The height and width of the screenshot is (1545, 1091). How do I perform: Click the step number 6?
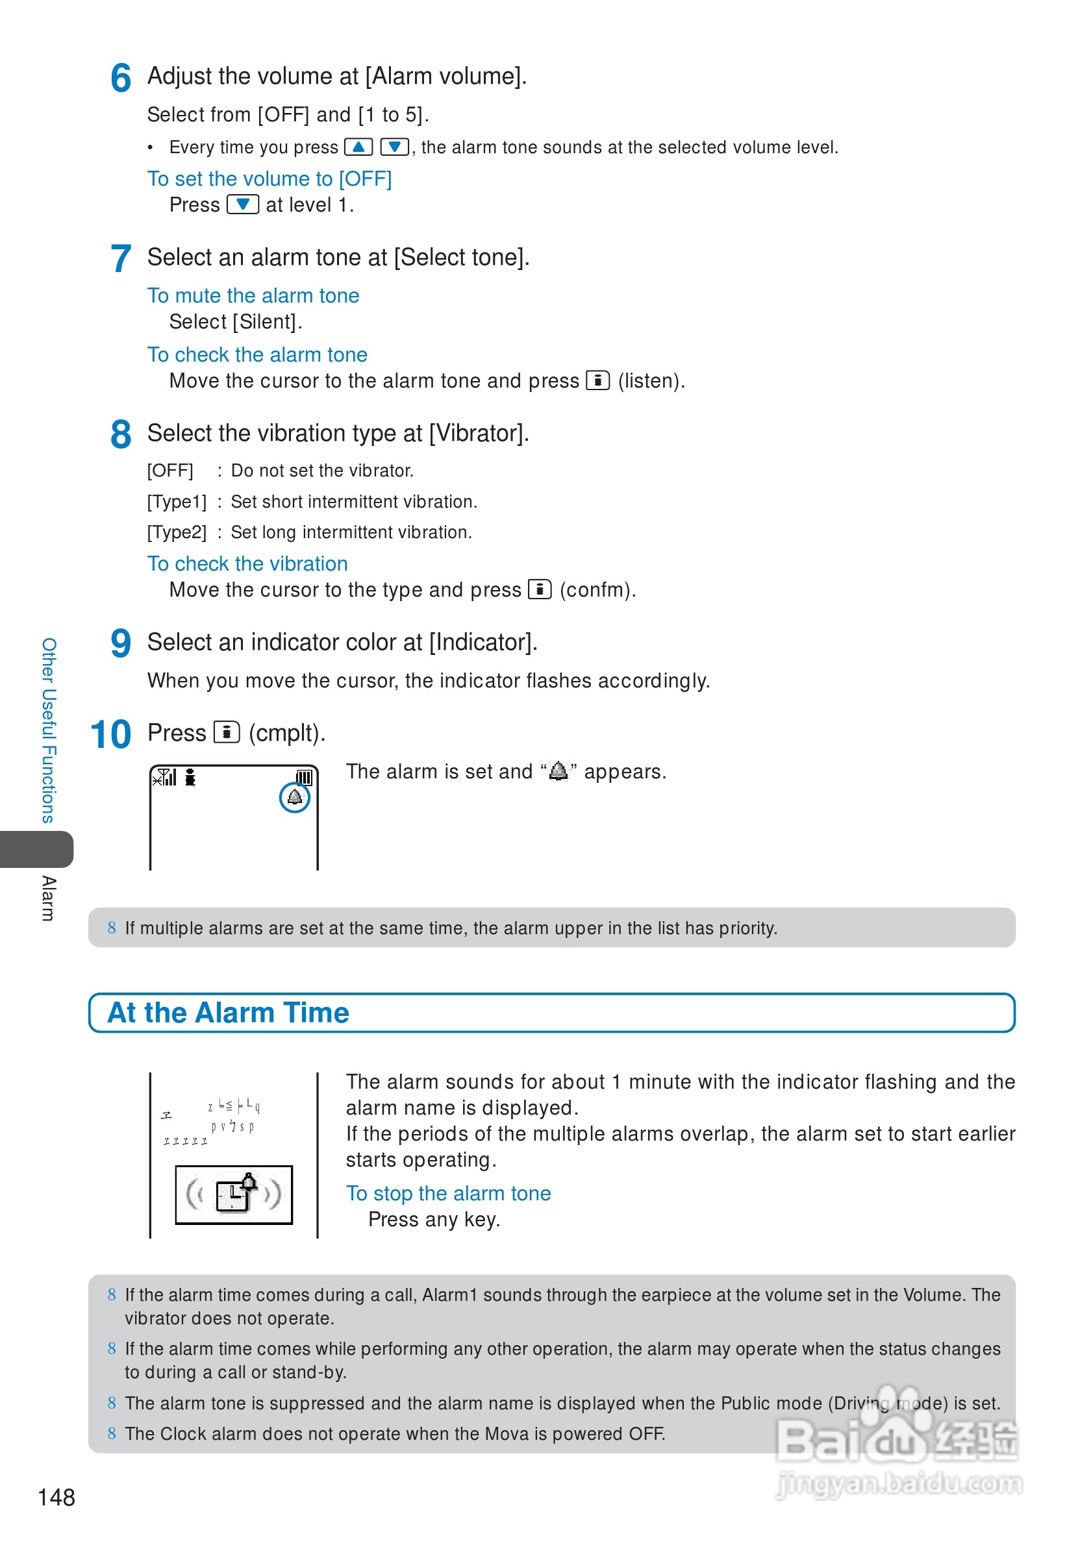[121, 78]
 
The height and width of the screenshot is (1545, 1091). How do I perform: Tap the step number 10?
[110, 734]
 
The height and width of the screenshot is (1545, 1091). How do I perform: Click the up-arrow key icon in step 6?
[358, 147]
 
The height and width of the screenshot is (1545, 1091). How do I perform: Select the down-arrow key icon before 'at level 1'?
[242, 204]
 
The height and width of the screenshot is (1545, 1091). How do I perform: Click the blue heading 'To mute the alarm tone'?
[253, 295]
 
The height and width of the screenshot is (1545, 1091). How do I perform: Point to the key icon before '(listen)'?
[597, 380]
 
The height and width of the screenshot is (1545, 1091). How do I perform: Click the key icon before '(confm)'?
[539, 589]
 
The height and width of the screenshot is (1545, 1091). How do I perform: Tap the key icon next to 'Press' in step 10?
[226, 732]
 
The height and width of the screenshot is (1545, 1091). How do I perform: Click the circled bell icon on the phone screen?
[294, 797]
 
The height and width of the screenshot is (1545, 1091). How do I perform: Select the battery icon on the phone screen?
[304, 777]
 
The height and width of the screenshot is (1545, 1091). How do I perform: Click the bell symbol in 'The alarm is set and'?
[558, 771]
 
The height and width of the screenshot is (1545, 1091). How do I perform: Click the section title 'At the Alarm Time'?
[228, 1013]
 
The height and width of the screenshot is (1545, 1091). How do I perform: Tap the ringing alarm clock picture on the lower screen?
[234, 1194]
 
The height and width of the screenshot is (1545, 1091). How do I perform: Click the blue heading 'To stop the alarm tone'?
[448, 1193]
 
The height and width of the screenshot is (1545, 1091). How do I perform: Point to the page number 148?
[56, 1497]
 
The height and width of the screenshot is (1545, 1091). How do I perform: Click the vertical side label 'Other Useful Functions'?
[49, 730]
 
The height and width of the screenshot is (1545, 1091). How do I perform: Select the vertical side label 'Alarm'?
[49, 898]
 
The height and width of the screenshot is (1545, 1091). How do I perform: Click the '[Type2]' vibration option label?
[177, 532]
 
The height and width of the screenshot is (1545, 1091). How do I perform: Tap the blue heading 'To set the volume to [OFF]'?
[270, 179]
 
